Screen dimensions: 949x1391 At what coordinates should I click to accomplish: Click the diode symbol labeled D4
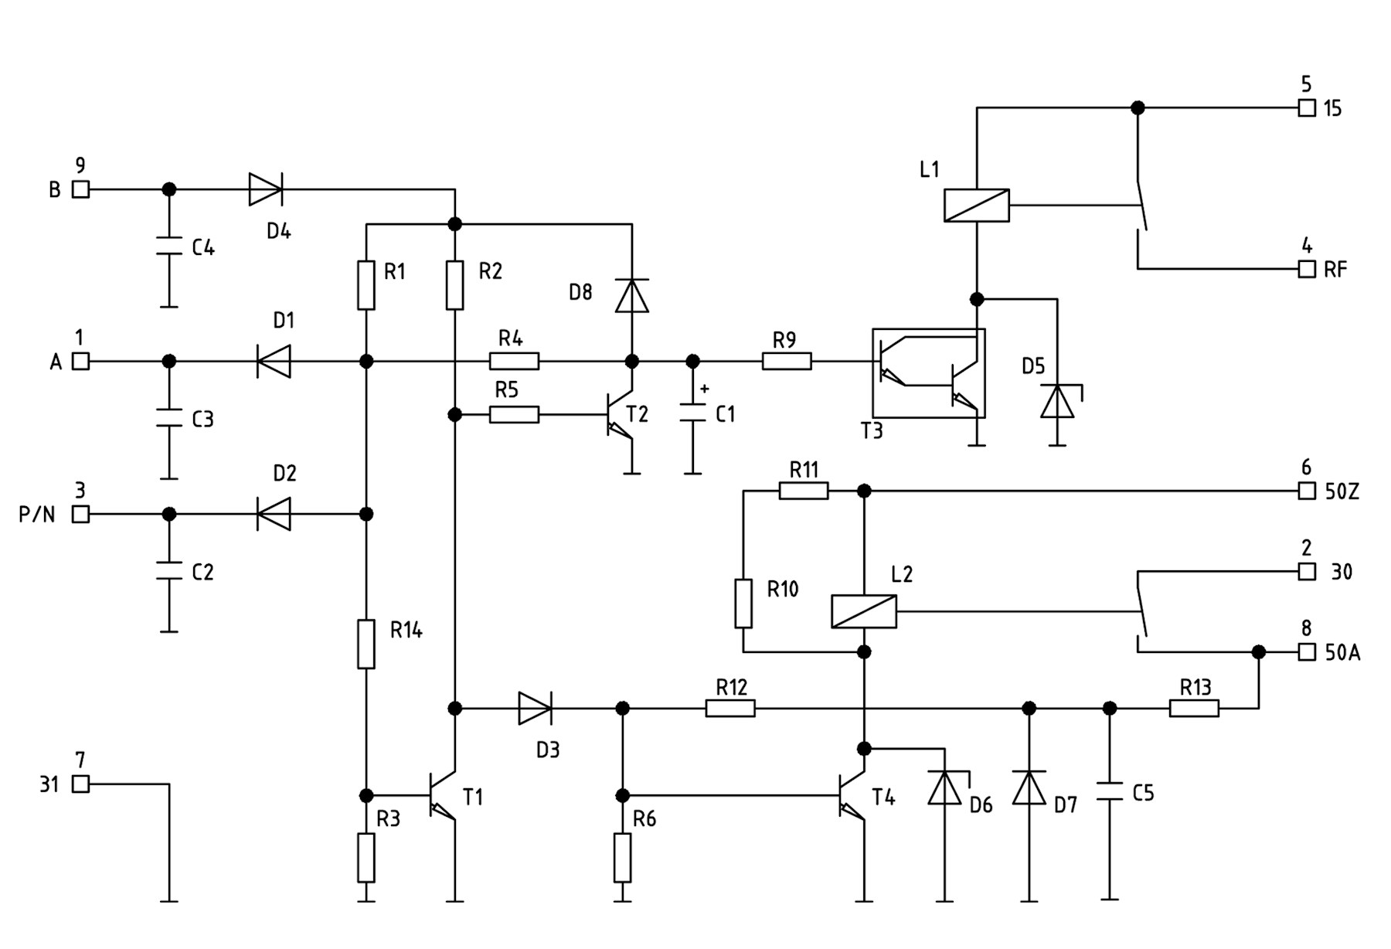pos(265,189)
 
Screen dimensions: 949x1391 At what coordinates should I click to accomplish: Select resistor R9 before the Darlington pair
pos(787,361)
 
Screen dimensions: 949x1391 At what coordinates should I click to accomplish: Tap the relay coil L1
pos(976,206)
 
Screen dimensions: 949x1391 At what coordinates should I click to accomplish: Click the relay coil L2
pos(863,611)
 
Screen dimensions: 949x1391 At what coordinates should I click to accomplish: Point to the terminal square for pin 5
pos(1306,108)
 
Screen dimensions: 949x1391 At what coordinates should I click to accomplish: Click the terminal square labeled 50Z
pos(1306,491)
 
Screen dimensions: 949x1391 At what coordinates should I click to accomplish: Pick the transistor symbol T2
pos(618,415)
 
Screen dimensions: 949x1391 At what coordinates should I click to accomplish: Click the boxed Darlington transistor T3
pos(928,373)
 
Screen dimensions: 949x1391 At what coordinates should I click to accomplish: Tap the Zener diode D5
pos(1057,401)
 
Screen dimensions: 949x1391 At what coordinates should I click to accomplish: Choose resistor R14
pos(366,644)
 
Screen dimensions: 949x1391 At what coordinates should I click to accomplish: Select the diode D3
pos(534,708)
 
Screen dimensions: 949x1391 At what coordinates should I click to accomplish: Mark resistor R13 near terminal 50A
pos(1193,708)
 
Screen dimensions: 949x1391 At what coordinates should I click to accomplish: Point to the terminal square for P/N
pos(80,514)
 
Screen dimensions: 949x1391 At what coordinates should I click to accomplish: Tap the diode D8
pos(631,295)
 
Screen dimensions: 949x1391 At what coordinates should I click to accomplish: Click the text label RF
pos(1335,270)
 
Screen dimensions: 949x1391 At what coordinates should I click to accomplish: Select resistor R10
pos(743,603)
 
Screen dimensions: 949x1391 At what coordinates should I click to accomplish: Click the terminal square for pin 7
pos(80,784)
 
